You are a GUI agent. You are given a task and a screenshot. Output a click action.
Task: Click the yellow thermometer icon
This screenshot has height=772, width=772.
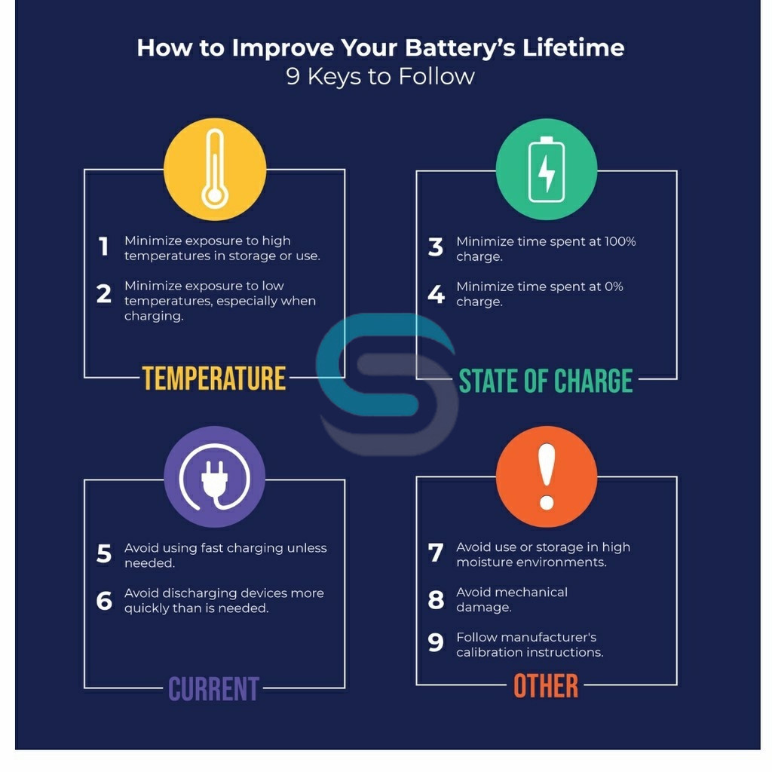click(x=215, y=169)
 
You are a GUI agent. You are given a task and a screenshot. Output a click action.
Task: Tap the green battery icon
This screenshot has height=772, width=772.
click(x=547, y=170)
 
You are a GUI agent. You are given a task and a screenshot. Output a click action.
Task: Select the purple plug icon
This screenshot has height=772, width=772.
click(x=215, y=476)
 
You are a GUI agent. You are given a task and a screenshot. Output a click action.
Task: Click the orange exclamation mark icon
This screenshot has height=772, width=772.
click(x=547, y=476)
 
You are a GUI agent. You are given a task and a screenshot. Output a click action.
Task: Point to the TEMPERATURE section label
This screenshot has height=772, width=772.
click(x=214, y=378)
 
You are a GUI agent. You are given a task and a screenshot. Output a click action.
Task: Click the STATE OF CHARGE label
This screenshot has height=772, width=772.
click(x=546, y=381)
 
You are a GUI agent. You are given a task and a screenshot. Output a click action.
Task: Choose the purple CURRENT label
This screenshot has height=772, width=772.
click(x=214, y=689)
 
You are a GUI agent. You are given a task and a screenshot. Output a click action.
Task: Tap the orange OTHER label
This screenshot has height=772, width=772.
click(x=546, y=686)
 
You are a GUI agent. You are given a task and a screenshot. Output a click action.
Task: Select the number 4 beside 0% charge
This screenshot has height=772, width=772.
click(x=436, y=293)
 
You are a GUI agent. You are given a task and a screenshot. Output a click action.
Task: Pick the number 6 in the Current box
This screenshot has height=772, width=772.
click(x=104, y=600)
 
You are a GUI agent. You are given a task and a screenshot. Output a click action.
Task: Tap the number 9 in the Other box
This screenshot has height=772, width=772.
click(x=436, y=642)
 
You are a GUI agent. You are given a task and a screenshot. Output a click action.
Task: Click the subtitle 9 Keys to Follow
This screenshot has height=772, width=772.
click(x=380, y=76)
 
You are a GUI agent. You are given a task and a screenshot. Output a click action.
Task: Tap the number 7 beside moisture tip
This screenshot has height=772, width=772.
click(x=436, y=553)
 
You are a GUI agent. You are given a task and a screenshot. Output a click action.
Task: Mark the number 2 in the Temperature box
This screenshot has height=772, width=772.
click(x=104, y=293)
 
